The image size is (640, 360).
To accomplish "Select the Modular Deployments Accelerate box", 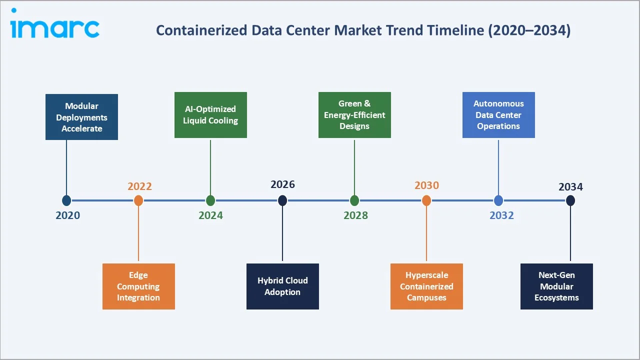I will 81,117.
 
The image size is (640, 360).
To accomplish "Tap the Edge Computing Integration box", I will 138,286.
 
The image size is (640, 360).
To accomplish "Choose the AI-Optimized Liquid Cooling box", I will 210,115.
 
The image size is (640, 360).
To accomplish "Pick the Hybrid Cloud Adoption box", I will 282,286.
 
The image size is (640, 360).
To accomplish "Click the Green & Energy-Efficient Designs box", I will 354,115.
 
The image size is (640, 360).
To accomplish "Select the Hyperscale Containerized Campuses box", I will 426,286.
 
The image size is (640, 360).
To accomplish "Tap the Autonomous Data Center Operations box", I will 498,115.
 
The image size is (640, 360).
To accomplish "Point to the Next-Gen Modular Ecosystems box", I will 556,286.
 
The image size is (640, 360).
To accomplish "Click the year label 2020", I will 67,215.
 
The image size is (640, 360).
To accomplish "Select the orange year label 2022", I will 139,186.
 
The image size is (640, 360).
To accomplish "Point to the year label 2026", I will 283,184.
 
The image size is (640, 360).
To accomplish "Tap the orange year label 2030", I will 426,185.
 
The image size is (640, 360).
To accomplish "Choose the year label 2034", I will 570,186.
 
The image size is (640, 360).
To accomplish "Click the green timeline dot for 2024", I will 210,200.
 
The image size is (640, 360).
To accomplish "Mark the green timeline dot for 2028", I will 354,200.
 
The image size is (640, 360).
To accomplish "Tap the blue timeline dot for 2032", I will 498,200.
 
